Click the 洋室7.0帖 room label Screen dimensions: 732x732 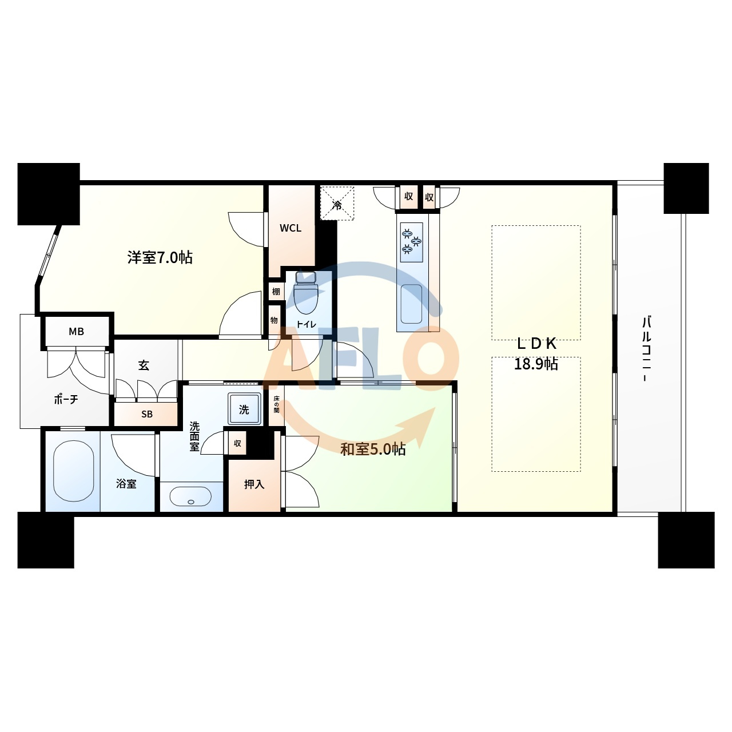pyautogui.click(x=160, y=257)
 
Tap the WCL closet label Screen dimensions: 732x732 pyautogui.click(x=291, y=228)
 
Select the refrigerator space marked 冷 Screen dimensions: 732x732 pyautogui.click(x=337, y=203)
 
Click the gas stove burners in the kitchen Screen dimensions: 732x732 pyautogui.click(x=411, y=242)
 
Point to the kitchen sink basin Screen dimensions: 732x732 pyautogui.click(x=411, y=304)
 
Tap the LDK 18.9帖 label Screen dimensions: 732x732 pyautogui.click(x=536, y=353)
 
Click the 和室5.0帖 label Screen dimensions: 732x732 pyautogui.click(x=373, y=449)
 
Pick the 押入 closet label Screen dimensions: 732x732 pyautogui.click(x=254, y=484)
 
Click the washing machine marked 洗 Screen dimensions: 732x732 pyautogui.click(x=244, y=409)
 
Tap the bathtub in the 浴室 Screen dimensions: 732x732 pyautogui.click(x=73, y=471)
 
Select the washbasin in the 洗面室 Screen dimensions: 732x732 pyautogui.click(x=190, y=496)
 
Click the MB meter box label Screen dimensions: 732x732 pyautogui.click(x=77, y=332)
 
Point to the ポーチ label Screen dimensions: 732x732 pyautogui.click(x=66, y=399)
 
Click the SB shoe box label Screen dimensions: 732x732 pyautogui.click(x=147, y=414)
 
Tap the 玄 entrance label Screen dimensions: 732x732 pyautogui.click(x=144, y=365)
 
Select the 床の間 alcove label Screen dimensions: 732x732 pyautogui.click(x=276, y=404)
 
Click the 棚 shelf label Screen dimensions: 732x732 pyautogui.click(x=276, y=291)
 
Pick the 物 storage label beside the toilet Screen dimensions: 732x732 pyautogui.click(x=274, y=320)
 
